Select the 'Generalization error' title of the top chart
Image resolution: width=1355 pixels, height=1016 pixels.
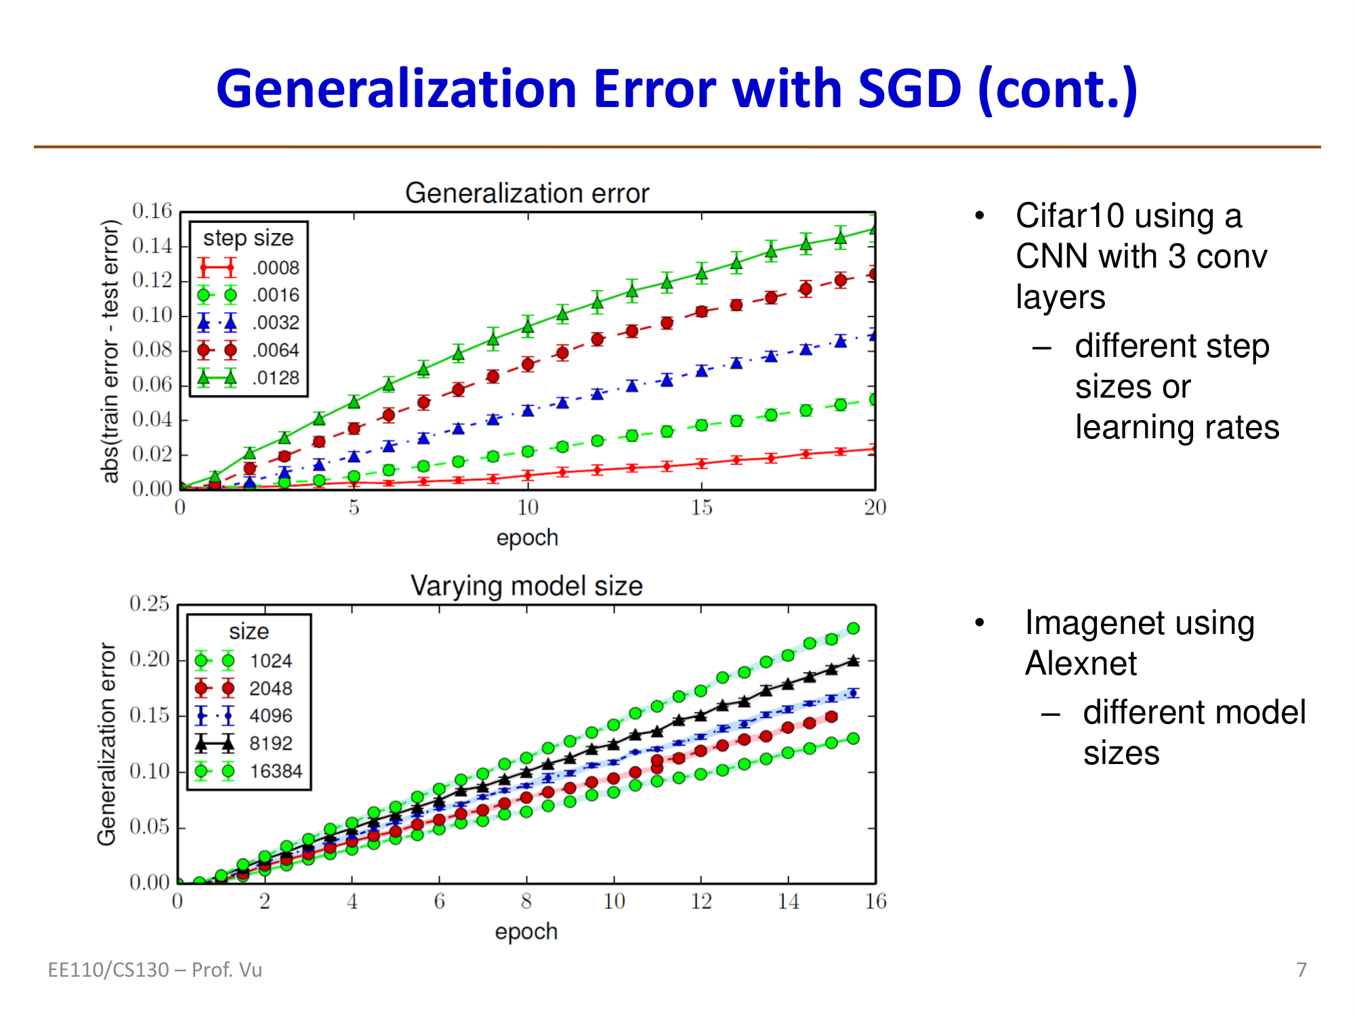(x=527, y=194)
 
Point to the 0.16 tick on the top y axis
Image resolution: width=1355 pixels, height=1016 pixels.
(x=152, y=211)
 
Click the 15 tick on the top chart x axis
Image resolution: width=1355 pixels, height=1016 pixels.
(x=701, y=507)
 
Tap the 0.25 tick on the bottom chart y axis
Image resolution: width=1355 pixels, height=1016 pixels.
(x=149, y=604)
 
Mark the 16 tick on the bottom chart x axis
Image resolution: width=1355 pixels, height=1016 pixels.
(x=875, y=902)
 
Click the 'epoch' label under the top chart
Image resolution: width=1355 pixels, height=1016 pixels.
(x=527, y=538)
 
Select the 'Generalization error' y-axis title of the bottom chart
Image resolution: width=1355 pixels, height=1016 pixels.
(x=107, y=744)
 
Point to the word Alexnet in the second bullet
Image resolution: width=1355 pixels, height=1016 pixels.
(x=1081, y=664)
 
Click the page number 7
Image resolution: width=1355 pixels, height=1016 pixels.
(x=1301, y=970)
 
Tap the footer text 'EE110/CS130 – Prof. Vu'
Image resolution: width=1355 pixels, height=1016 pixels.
(x=154, y=970)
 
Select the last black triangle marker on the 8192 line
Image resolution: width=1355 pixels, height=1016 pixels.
(x=854, y=660)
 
